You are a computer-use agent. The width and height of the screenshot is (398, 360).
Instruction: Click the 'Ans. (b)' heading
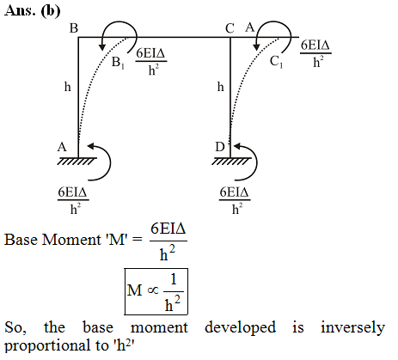pos(33,11)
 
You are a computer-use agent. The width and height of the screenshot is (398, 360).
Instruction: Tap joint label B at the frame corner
pos(74,28)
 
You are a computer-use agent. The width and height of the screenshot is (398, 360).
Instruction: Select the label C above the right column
pos(230,28)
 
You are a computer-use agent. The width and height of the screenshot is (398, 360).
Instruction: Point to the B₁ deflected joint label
pos(118,63)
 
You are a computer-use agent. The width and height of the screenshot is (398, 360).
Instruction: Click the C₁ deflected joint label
pos(276,62)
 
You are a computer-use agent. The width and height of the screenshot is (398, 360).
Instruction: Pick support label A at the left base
pos(62,147)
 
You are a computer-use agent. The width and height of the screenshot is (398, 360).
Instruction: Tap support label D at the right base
pos(219,147)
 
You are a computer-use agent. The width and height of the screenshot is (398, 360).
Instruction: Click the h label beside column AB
pos(67,87)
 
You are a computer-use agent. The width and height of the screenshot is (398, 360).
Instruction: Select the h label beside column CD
pos(220,87)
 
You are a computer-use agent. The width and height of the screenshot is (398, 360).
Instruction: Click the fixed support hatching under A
pos(77,161)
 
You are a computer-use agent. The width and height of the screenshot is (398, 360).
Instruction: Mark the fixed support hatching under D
pos(231,161)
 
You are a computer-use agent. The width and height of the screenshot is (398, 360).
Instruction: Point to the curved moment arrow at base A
pos(110,163)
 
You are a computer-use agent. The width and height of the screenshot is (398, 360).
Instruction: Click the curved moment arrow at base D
pos(256,163)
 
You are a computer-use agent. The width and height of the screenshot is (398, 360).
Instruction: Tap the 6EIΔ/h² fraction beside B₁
pos(151,61)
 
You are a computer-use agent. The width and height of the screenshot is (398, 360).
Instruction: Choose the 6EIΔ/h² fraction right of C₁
pos(315,53)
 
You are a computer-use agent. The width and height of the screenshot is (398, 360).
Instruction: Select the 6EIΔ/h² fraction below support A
pos(73,200)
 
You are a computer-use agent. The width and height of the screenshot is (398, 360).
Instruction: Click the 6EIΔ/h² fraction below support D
pos(235,200)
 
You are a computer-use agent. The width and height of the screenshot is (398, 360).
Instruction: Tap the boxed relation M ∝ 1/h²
pos(156,291)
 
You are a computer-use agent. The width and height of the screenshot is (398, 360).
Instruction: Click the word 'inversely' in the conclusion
pos(352,327)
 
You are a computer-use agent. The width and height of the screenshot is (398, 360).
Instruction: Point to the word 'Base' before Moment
pos(21,240)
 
